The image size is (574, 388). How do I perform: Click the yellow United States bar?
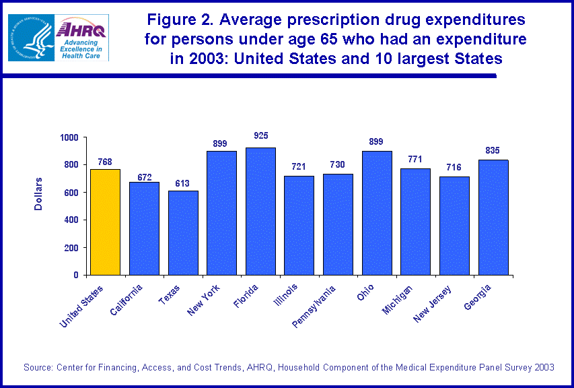point(105,222)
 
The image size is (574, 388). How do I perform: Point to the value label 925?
point(261,136)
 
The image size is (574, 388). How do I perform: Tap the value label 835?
point(493,149)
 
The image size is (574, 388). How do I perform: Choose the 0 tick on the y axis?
point(76,276)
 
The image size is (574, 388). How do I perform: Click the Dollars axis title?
point(38,194)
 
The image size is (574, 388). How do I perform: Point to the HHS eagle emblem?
point(31,38)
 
